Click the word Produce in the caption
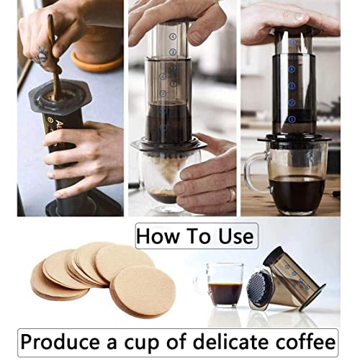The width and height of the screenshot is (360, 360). [65, 339]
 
